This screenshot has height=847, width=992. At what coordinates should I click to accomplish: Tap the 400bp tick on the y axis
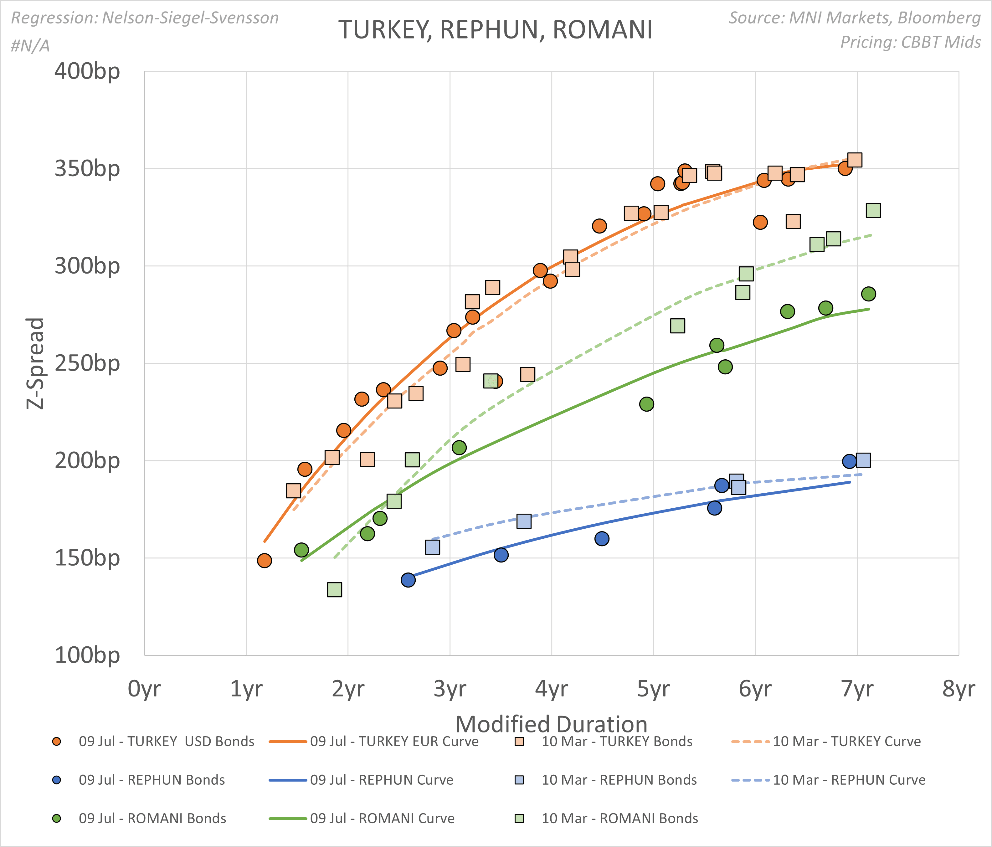(87, 72)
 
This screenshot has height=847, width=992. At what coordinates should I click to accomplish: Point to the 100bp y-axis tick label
(87, 655)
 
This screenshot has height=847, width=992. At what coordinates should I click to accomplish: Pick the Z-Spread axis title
(35, 363)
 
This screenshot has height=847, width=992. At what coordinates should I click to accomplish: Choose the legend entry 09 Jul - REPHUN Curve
(382, 780)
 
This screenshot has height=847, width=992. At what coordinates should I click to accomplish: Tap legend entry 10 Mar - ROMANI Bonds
(619, 818)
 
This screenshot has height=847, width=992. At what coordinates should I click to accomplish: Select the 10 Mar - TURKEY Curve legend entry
(846, 742)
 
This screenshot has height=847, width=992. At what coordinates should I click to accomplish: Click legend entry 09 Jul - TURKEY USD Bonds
(166, 742)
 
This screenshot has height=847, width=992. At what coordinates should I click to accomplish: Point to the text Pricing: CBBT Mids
(910, 42)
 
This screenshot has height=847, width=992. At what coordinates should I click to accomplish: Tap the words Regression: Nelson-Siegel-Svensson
(145, 18)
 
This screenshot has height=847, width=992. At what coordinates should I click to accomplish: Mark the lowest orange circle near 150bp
(264, 560)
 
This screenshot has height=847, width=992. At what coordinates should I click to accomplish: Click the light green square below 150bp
(335, 589)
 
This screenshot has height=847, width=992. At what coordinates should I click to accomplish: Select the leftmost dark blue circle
(408, 580)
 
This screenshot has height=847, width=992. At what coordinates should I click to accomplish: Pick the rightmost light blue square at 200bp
(863, 460)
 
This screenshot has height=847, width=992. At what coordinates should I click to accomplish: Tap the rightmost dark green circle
(868, 294)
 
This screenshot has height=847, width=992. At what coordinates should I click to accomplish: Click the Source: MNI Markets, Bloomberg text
(855, 18)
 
